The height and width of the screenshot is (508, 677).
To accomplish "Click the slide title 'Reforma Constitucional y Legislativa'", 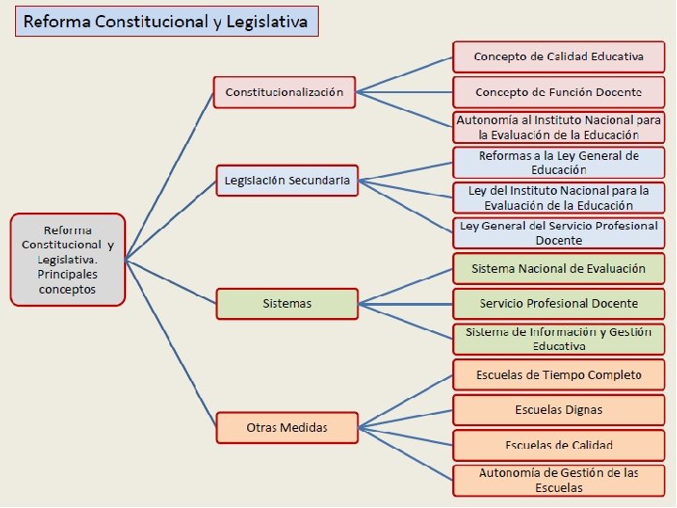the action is (x=166, y=22).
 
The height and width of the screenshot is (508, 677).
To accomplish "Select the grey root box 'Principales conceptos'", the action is (x=67, y=259).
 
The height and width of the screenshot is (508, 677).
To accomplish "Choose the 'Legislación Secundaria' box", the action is (x=286, y=180).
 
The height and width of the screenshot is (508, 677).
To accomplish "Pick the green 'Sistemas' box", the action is (x=286, y=304).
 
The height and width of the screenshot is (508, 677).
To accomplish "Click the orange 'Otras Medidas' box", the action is (x=286, y=427).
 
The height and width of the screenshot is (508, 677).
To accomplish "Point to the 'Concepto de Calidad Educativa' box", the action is (x=559, y=56).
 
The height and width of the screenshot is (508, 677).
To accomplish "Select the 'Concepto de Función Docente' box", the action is (x=559, y=92).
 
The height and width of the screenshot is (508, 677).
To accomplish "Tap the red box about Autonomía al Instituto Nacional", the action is (x=559, y=128).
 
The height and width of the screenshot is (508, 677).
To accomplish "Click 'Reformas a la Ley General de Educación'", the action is (x=559, y=163).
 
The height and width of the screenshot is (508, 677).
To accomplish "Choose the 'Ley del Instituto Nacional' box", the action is (x=559, y=198).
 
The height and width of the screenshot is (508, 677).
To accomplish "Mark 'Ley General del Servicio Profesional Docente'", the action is (x=559, y=233).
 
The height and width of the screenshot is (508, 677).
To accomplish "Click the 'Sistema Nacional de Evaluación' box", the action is (x=559, y=268).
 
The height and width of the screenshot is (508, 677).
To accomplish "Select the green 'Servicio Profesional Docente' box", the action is (x=559, y=304).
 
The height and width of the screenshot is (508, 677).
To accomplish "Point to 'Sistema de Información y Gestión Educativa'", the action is (x=559, y=339).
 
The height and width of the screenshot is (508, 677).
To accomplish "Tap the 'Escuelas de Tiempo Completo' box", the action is (x=559, y=374).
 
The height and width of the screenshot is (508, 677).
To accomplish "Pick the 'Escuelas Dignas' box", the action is (x=559, y=410).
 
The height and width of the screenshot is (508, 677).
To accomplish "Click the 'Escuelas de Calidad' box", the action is (x=559, y=445).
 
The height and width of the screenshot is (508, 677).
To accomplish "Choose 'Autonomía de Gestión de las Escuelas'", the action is (x=559, y=480).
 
